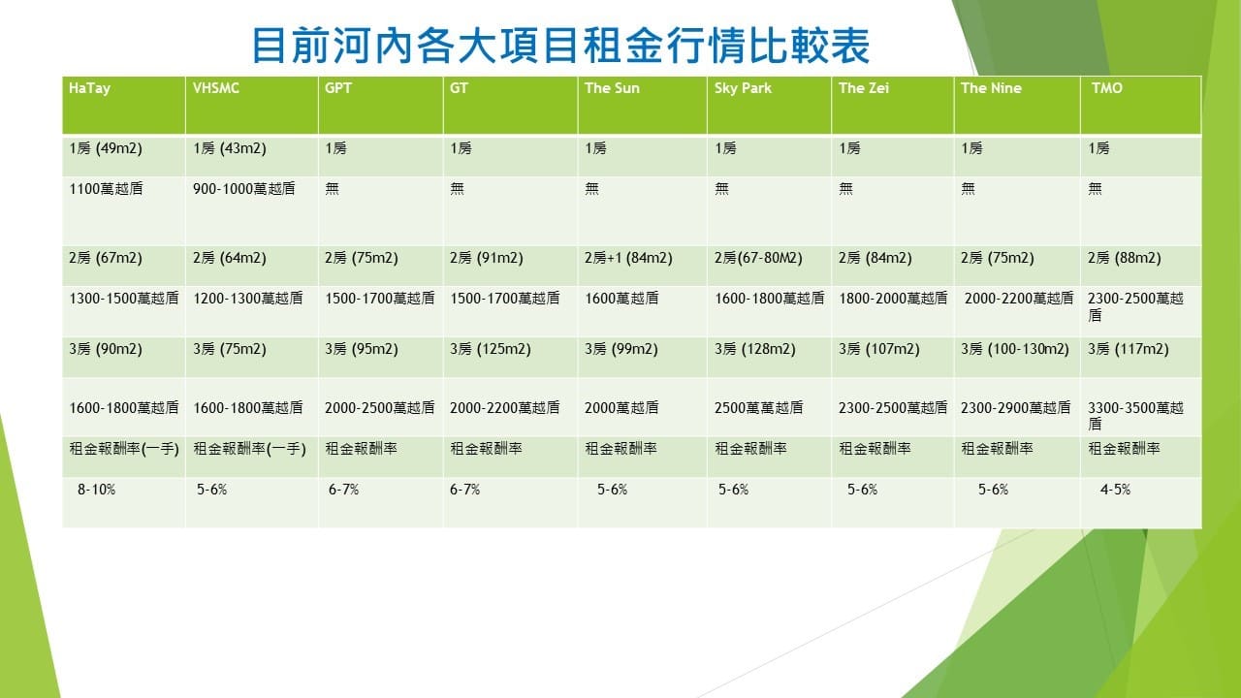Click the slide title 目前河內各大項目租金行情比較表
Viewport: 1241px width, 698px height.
point(560,45)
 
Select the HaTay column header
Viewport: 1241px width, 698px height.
point(90,88)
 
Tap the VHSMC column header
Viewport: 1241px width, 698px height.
point(216,88)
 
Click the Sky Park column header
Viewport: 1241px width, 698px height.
point(743,88)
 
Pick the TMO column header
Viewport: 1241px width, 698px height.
point(1107,88)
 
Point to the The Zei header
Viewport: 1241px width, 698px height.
point(864,88)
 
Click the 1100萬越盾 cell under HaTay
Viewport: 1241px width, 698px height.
point(106,189)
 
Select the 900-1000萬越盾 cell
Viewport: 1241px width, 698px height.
point(243,189)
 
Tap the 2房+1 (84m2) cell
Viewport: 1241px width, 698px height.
point(628,258)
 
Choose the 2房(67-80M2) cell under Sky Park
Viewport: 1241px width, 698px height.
point(758,258)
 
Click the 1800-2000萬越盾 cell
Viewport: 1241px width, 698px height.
point(893,299)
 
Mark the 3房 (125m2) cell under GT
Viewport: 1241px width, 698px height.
point(491,349)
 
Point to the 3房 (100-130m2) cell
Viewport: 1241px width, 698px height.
point(1015,349)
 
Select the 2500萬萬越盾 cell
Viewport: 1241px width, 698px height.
point(758,408)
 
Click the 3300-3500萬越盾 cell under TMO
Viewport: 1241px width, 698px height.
point(1135,416)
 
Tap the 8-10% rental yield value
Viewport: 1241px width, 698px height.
point(96,490)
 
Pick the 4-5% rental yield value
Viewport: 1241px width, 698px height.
point(1115,490)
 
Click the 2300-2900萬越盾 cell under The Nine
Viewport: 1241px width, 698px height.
point(1015,408)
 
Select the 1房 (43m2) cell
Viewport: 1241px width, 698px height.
point(230,148)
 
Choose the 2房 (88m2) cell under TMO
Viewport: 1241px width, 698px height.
point(1124,258)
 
